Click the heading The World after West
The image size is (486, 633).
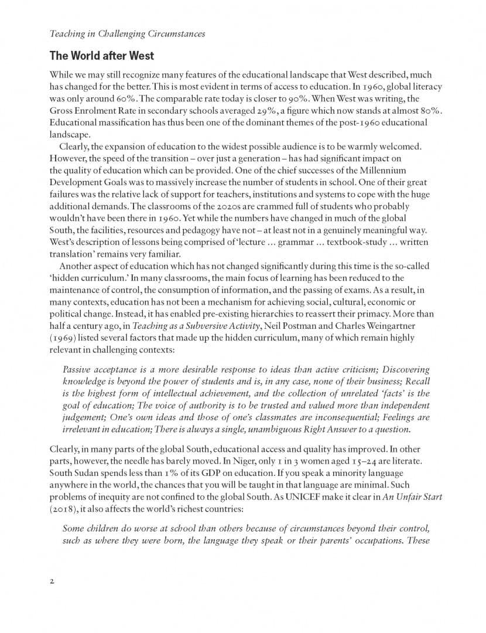point(102,56)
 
